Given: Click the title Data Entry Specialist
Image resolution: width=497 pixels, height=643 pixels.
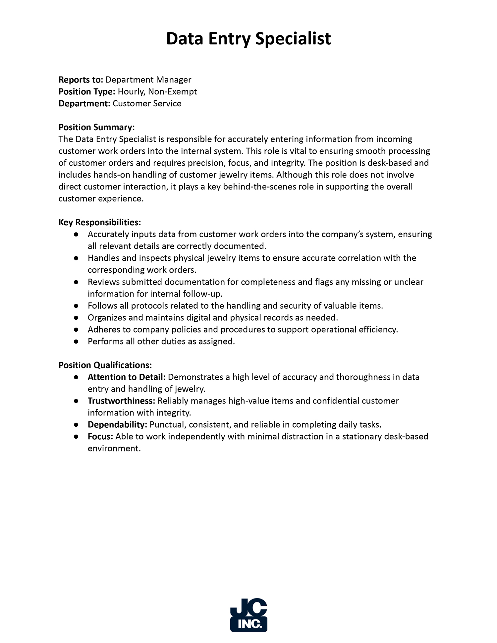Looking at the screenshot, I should [x=248, y=39].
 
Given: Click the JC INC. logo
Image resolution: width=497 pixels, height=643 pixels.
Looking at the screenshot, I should [x=249, y=615].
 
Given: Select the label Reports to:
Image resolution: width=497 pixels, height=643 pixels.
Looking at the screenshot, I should [x=81, y=80].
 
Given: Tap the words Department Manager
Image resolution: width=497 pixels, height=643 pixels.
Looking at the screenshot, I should [x=148, y=80].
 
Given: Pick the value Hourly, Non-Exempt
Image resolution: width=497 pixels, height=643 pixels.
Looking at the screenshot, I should [x=157, y=92].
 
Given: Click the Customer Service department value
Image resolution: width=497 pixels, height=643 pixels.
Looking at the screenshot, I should [x=147, y=104].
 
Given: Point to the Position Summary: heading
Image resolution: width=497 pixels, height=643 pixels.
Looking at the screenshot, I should [x=96, y=128].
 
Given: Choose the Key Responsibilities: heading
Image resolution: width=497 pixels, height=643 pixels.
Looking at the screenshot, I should [x=100, y=222].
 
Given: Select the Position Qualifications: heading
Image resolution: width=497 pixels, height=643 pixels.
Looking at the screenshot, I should [x=105, y=365].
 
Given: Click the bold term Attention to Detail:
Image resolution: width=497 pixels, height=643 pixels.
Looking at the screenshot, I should [x=127, y=377].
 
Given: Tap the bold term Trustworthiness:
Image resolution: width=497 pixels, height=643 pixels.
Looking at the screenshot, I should [x=121, y=401].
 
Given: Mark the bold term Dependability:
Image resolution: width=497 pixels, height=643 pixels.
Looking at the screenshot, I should [x=117, y=425].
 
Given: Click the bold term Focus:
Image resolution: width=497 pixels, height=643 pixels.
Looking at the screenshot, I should [x=100, y=437].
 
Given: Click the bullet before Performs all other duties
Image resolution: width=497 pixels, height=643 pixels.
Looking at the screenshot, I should [x=76, y=342].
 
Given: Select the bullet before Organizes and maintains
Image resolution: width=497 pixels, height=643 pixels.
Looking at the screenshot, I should [x=76, y=318].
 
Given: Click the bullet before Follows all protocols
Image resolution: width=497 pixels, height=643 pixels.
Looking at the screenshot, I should [x=76, y=306].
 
